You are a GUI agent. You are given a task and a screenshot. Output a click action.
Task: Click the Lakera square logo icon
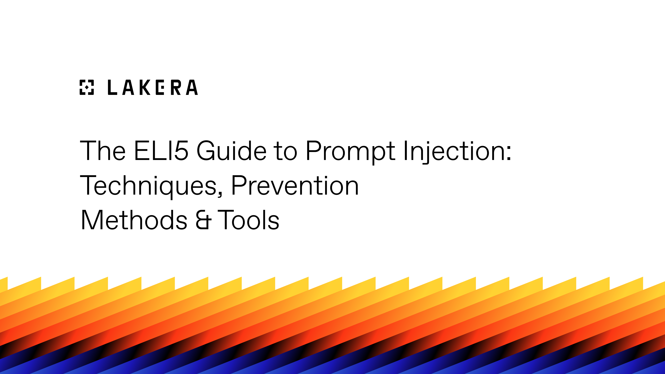87,87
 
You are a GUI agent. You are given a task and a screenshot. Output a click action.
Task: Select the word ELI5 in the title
161,151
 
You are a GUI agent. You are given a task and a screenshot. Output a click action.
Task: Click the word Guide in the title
231,151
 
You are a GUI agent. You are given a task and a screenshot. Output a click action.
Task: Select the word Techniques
148,186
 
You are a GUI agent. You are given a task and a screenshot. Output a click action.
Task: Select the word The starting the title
103,151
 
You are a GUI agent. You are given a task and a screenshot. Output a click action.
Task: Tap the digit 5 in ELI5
181,151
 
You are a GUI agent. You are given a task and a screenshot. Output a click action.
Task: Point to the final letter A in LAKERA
192,87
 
